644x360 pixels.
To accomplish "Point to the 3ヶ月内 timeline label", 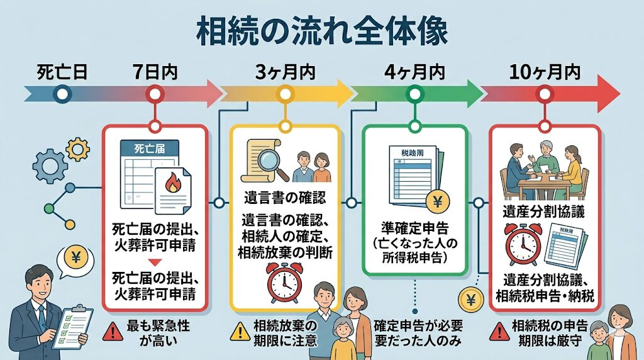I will click(286, 71).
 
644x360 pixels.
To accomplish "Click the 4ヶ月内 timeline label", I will click(414, 71).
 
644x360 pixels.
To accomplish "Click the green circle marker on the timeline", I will click(414, 95).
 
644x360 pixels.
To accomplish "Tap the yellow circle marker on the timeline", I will click(286, 95).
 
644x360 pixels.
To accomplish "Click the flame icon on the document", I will click(172, 184).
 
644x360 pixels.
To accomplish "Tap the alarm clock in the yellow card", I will click(284, 283).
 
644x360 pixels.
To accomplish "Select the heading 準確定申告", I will click(414, 228).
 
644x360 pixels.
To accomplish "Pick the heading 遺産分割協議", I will click(545, 211).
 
